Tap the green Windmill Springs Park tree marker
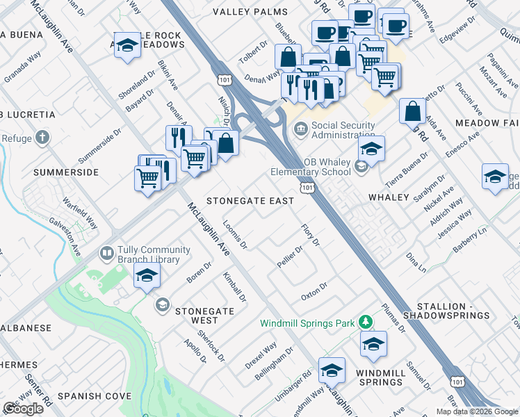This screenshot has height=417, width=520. pos(365,322)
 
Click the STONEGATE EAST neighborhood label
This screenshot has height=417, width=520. pos(250,200)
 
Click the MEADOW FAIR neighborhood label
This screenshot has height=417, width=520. pos(487,122)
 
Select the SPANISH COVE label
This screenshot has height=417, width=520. pos(95,396)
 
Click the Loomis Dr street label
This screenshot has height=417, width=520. pos(235,235)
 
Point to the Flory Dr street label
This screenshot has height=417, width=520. pos(310,235)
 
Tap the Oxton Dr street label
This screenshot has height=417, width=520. pos(314,289)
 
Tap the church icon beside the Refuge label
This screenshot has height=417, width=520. pos(42,138)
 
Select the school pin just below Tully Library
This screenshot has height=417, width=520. pos(147,278)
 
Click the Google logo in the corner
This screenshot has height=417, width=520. pos(23,409)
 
